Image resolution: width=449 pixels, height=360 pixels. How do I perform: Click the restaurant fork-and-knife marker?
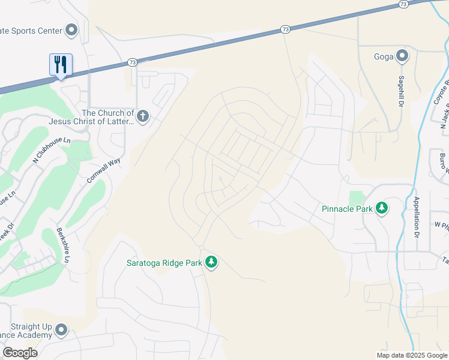tap(61, 64)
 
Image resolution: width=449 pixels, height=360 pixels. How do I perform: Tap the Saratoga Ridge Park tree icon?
tap(211, 262)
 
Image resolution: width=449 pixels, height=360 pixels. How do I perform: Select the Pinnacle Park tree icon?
tap(382, 209)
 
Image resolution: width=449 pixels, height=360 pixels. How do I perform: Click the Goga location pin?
tap(402, 56)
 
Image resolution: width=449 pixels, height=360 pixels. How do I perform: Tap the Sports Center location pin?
tap(71, 29)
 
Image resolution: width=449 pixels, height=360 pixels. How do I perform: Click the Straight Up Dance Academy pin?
tap(61, 329)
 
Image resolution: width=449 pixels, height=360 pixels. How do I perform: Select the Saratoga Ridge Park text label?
tap(163, 263)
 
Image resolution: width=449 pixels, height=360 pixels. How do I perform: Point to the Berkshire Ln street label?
tap(62, 245)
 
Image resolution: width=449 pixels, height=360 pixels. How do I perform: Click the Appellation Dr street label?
tap(416, 216)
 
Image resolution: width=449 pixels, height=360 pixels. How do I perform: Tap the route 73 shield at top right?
tap(403, 4)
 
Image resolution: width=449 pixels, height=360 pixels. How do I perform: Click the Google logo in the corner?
tap(20, 353)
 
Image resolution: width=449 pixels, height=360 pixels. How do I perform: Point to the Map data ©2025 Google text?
tap(411, 355)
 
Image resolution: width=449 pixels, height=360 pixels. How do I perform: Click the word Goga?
tap(384, 57)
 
